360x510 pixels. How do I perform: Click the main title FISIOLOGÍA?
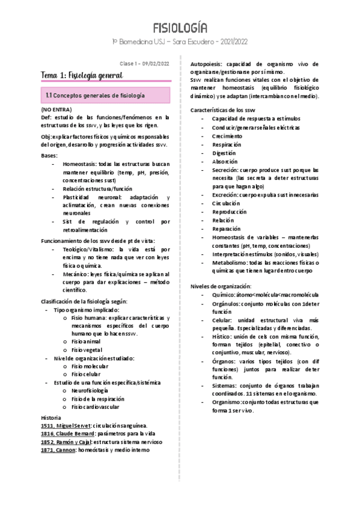pyautogui.click(x=180, y=28)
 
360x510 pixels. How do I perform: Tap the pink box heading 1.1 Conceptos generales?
pyautogui.click(x=96, y=96)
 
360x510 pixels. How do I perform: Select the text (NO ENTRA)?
pyautogui.click(x=56, y=109)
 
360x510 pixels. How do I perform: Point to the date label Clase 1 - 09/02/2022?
pyautogui.click(x=144, y=63)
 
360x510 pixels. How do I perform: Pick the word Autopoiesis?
pyautogui.click(x=209, y=64)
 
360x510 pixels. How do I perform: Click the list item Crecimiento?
pyautogui.click(x=227, y=136)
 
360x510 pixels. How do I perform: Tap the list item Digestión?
pyautogui.click(x=226, y=153)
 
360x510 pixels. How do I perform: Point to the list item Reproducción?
pyautogui.click(x=229, y=212)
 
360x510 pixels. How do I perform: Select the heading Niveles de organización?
pyautogui.click(x=221, y=286)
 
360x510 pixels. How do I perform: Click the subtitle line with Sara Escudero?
pyautogui.click(x=180, y=41)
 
